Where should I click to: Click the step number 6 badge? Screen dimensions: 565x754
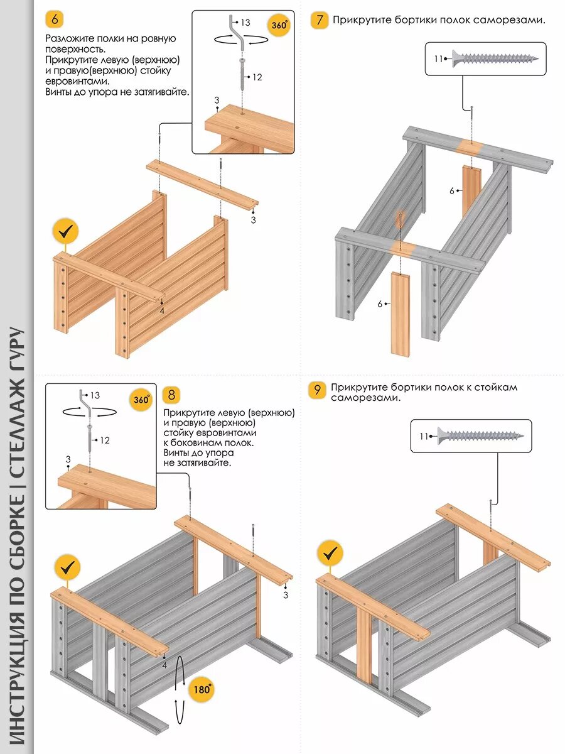click(55, 19)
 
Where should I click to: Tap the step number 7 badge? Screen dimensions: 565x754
click(320, 20)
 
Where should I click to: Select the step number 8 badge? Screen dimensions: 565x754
click(171, 395)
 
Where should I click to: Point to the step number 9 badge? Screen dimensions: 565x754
click(318, 390)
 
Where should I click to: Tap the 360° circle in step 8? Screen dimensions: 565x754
click(141, 400)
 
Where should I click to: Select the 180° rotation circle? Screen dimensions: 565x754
click(202, 689)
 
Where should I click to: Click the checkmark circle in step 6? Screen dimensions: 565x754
click(66, 232)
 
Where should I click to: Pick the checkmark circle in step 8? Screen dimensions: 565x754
click(67, 568)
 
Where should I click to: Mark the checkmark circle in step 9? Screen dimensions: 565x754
click(330, 554)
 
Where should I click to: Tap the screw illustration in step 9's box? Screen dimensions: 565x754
click(481, 435)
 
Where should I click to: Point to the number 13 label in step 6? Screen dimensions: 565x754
click(245, 23)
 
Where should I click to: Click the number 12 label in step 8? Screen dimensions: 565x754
click(105, 440)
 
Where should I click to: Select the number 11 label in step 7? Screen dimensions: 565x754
click(438, 59)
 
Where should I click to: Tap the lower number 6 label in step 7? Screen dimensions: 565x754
click(380, 304)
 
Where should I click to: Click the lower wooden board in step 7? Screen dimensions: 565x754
click(400, 312)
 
